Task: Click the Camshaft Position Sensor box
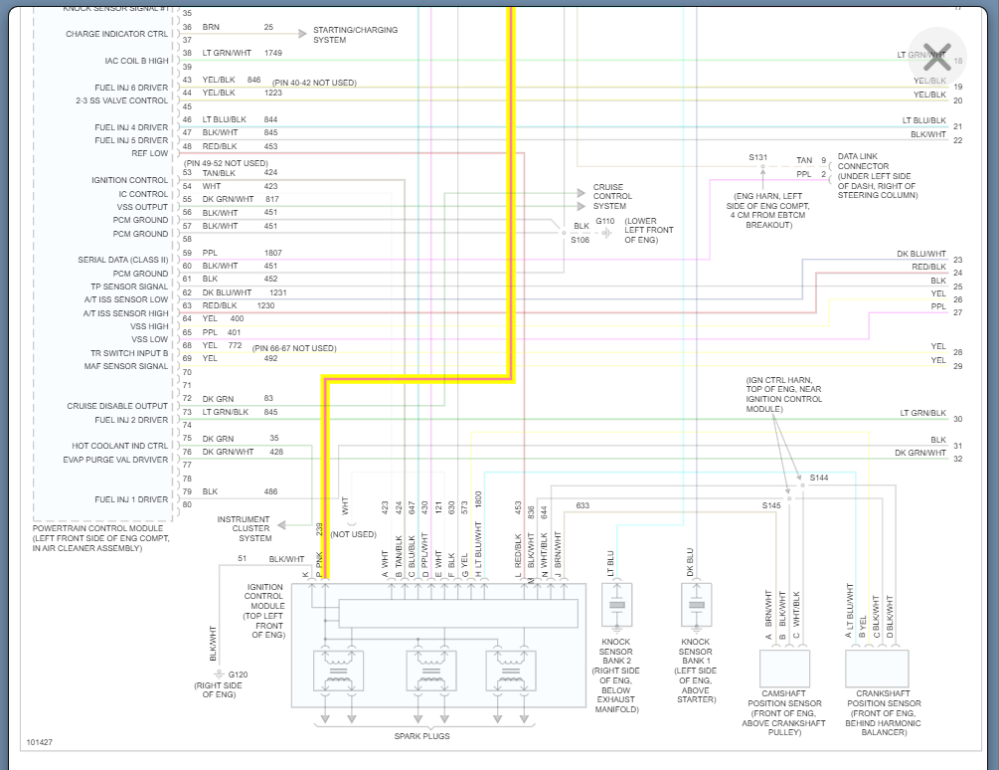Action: click(x=784, y=669)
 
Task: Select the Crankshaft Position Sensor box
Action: click(x=877, y=669)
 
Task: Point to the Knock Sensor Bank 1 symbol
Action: click(x=696, y=605)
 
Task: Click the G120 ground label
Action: click(x=238, y=674)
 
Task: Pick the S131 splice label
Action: click(x=758, y=157)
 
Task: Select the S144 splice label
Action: click(x=818, y=478)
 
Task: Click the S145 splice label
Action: click(x=771, y=505)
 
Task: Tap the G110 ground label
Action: click(x=605, y=221)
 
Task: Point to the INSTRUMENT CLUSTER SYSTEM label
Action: click(x=244, y=528)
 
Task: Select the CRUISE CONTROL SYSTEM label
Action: click(x=612, y=196)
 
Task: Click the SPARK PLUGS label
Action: click(x=421, y=736)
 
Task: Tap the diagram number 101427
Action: click(x=41, y=742)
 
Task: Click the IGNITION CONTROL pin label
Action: click(x=130, y=180)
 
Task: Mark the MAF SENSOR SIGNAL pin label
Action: click(x=127, y=366)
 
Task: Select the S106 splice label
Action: click(x=581, y=240)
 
